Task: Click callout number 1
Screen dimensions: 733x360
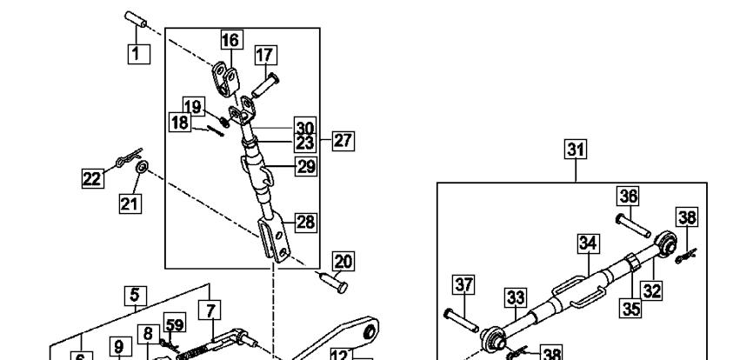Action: tap(139, 54)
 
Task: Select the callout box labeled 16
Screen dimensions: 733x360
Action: tap(230, 40)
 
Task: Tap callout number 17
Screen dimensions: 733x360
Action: tap(265, 55)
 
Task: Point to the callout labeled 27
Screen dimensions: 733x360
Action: tap(343, 141)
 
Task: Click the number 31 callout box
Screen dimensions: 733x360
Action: tap(576, 150)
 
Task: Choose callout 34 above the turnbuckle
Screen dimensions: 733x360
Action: tap(589, 243)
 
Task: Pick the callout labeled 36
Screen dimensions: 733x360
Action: tap(629, 197)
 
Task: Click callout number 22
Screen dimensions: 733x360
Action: tap(92, 178)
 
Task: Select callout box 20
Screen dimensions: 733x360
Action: tap(343, 262)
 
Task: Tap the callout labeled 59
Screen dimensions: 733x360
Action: tap(174, 323)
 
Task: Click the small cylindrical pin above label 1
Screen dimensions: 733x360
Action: tap(136, 19)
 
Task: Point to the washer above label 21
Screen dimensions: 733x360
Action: tap(142, 165)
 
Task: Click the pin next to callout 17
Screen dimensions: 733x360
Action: tap(265, 86)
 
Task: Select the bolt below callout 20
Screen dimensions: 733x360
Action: tap(332, 283)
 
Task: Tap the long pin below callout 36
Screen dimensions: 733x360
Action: tap(633, 225)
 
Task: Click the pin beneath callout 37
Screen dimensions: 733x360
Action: tap(461, 320)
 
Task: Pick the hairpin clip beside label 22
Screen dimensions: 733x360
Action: tap(129, 157)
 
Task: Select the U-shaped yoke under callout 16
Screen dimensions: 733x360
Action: tap(226, 80)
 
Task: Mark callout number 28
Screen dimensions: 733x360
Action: tap(306, 222)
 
